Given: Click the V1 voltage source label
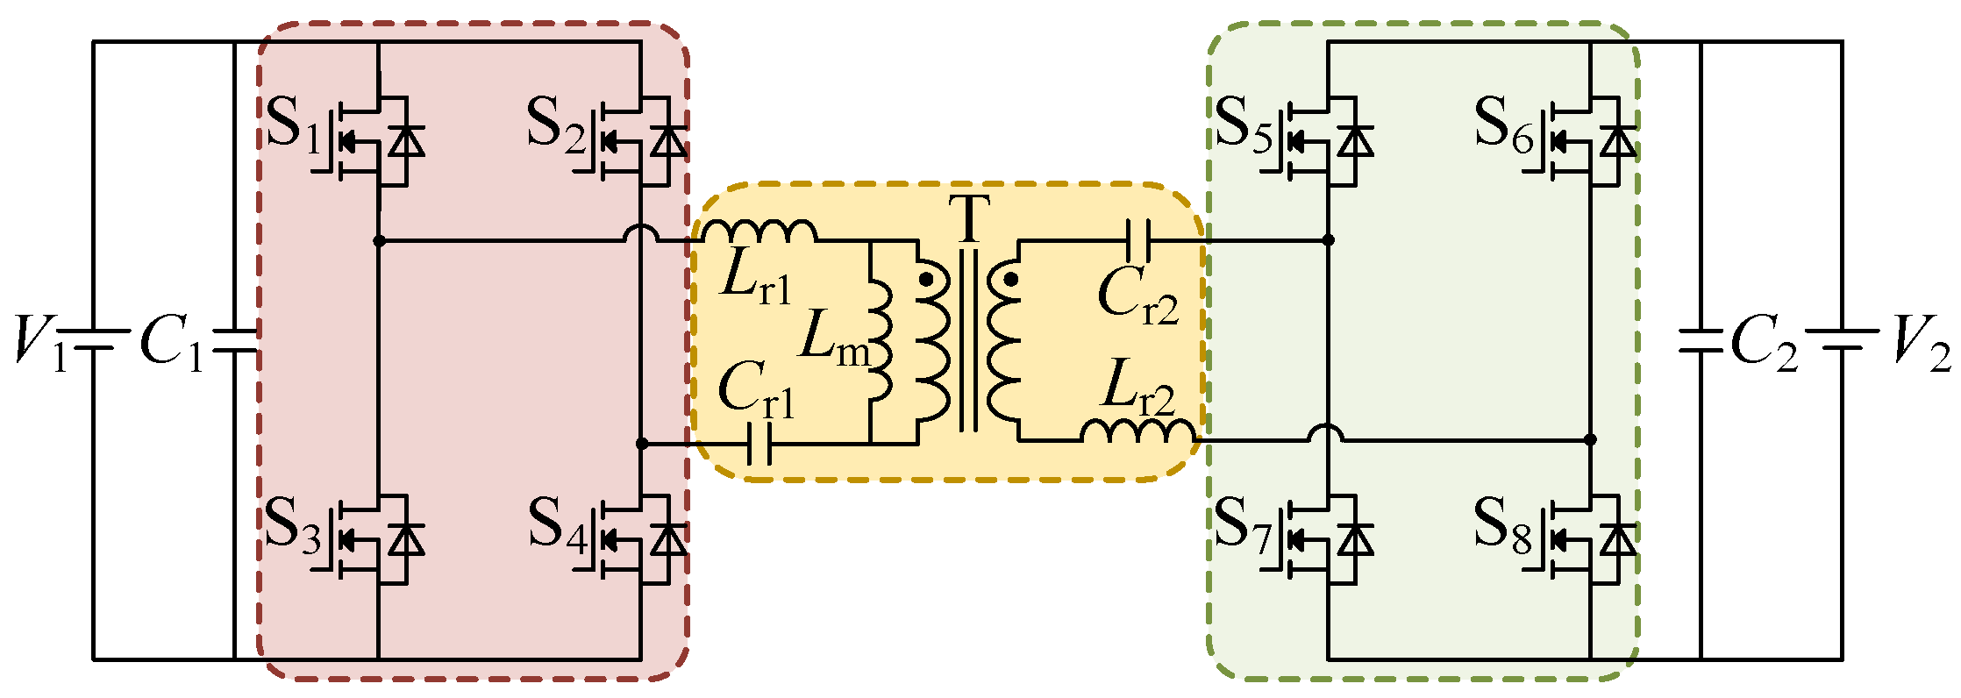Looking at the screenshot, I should pyautogui.click(x=39, y=342).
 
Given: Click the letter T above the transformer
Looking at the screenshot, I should pyautogui.click(x=969, y=219).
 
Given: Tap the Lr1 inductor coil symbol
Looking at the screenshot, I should pyautogui.click(x=759, y=231).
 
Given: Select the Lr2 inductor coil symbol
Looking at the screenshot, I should pyautogui.click(x=1137, y=431).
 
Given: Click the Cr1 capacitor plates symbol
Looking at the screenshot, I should pyautogui.click(x=759, y=445).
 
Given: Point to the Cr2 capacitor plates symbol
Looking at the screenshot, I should pyautogui.click(x=1137, y=239).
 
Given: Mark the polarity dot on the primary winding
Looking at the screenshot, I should pyautogui.click(x=926, y=280).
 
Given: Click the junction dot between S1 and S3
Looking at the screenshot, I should pyautogui.click(x=379, y=240).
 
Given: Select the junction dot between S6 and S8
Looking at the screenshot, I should pyautogui.click(x=1591, y=439).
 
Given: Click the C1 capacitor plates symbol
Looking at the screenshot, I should pyautogui.click(x=235, y=342).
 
